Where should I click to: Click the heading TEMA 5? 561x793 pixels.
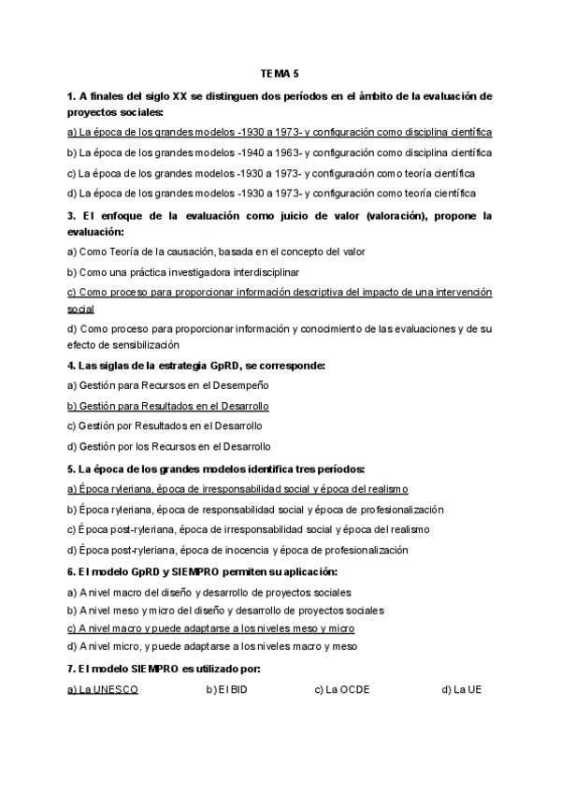tap(280, 72)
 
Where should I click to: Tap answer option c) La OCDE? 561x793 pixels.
tap(342, 690)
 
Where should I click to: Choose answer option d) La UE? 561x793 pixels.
tap(461, 690)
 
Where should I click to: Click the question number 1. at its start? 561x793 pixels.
tap(72, 96)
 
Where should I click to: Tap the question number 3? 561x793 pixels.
tap(72, 216)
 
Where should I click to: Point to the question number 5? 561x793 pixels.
tap(72, 469)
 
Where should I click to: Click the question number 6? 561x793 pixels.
tap(72, 570)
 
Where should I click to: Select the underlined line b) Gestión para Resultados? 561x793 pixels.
tap(168, 406)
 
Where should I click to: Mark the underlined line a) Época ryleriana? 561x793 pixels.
tap(237, 489)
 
